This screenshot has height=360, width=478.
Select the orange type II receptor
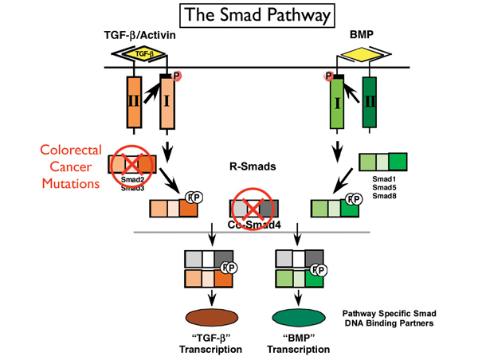(132, 102)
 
